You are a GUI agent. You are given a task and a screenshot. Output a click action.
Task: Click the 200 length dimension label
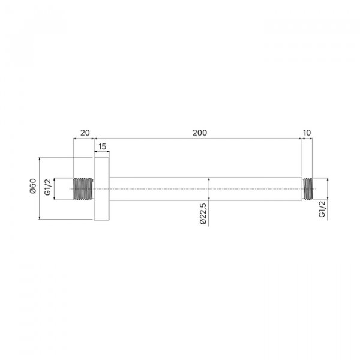point(200,133)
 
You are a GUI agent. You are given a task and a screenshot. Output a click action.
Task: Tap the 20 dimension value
point(85,133)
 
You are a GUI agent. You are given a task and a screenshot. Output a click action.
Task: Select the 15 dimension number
point(102,146)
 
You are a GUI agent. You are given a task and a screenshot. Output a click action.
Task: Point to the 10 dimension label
point(307,133)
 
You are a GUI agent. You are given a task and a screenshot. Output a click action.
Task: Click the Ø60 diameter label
point(33,186)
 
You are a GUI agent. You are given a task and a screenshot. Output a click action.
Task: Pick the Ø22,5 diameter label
point(203,214)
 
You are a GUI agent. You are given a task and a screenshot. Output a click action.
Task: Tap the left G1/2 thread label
point(48,187)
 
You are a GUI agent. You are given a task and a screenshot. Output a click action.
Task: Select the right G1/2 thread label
point(322,209)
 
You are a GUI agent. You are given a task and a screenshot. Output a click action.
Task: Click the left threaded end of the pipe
point(83,189)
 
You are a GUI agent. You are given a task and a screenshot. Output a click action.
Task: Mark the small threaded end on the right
point(307,189)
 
